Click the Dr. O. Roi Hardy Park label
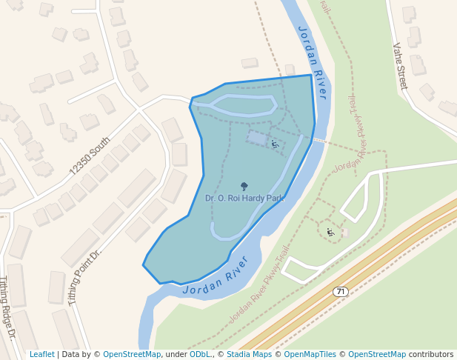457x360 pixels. (x=244, y=199)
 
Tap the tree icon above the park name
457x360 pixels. (x=244, y=187)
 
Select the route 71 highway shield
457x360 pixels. (x=340, y=291)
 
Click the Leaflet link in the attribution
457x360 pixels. (x=41, y=355)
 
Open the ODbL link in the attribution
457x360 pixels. (x=199, y=355)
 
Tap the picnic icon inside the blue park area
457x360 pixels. (x=275, y=144)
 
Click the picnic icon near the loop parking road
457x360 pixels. (x=330, y=233)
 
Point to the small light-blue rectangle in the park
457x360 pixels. (x=256, y=138)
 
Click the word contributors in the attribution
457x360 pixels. (x=431, y=355)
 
